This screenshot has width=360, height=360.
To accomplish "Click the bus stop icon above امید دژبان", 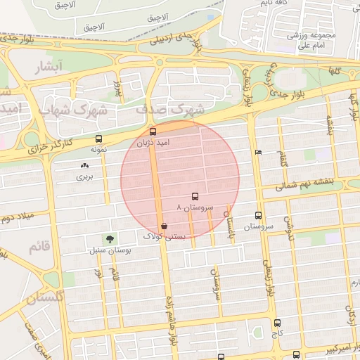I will pos(153,131).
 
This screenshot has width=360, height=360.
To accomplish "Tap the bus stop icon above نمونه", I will pos(98,139).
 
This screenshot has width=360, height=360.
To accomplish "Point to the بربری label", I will pos(84,176).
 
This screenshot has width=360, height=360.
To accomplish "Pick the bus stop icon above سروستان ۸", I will pos(195,197).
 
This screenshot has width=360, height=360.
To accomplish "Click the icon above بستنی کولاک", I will pos(164,226).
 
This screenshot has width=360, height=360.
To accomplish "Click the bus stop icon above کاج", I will pos(277,323).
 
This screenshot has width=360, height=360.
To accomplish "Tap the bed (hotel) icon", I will pos(258,153).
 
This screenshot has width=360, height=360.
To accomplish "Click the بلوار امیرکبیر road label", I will pos(330,349).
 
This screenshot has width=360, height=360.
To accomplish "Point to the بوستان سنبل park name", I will pos(108,250).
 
